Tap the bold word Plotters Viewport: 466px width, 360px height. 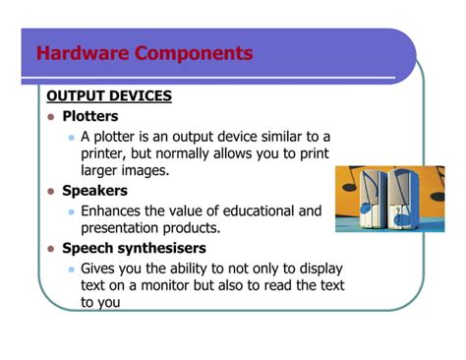(x=90, y=116)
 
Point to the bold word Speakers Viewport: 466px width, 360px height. (x=94, y=191)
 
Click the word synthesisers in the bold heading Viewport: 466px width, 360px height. (x=162, y=248)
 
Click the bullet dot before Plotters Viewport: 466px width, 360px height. (x=51, y=117)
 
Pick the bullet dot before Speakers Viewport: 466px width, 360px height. (x=51, y=192)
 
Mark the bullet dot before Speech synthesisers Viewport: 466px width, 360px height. (x=51, y=249)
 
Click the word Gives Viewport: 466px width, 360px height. (x=100, y=268)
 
